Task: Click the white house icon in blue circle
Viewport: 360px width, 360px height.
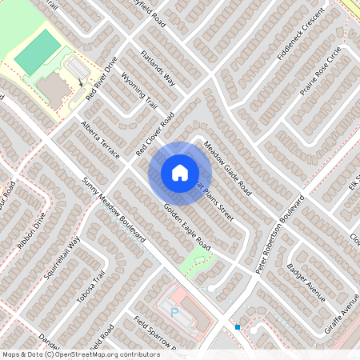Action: pyautogui.click(x=179, y=172)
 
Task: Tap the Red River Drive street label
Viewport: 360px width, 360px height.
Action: pyautogui.click(x=102, y=77)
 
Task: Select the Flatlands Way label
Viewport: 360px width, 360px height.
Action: pyautogui.click(x=158, y=68)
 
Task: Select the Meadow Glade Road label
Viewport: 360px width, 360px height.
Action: pyautogui.click(x=227, y=170)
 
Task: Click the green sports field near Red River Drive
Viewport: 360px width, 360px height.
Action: pyautogui.click(x=38, y=52)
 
